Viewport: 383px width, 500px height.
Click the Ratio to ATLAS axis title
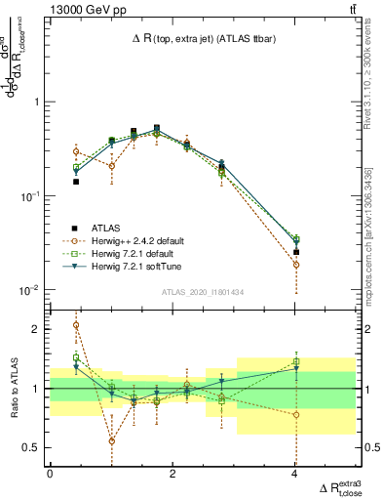click(x=13, y=388)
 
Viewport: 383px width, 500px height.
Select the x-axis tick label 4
click(x=295, y=474)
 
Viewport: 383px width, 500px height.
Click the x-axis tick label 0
click(x=50, y=474)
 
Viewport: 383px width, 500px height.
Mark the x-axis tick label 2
click(x=172, y=474)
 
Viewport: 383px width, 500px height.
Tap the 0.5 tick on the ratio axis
click(x=32, y=447)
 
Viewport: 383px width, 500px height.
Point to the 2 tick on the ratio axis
click(x=38, y=329)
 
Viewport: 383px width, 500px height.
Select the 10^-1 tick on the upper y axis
click(x=30, y=196)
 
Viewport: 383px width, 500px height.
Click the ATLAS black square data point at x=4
click(x=295, y=252)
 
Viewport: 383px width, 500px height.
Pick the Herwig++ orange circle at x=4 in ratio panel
click(x=295, y=414)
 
